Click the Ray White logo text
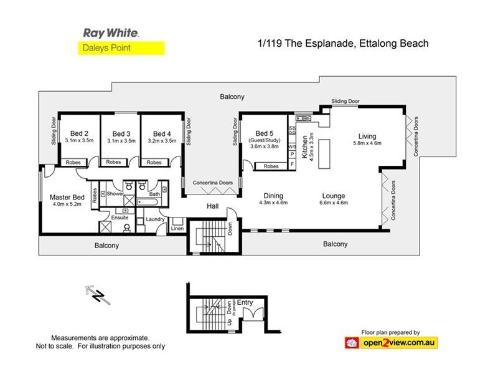point(110,32)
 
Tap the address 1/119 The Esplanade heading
point(344,44)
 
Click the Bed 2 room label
point(78,133)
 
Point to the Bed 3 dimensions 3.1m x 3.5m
point(121,141)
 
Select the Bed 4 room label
point(161,133)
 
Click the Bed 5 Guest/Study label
point(264,137)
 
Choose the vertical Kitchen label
point(304,148)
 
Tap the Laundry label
point(154,219)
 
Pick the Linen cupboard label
point(177,229)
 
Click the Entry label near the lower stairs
point(245,302)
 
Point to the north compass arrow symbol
point(97,294)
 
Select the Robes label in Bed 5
point(271,166)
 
